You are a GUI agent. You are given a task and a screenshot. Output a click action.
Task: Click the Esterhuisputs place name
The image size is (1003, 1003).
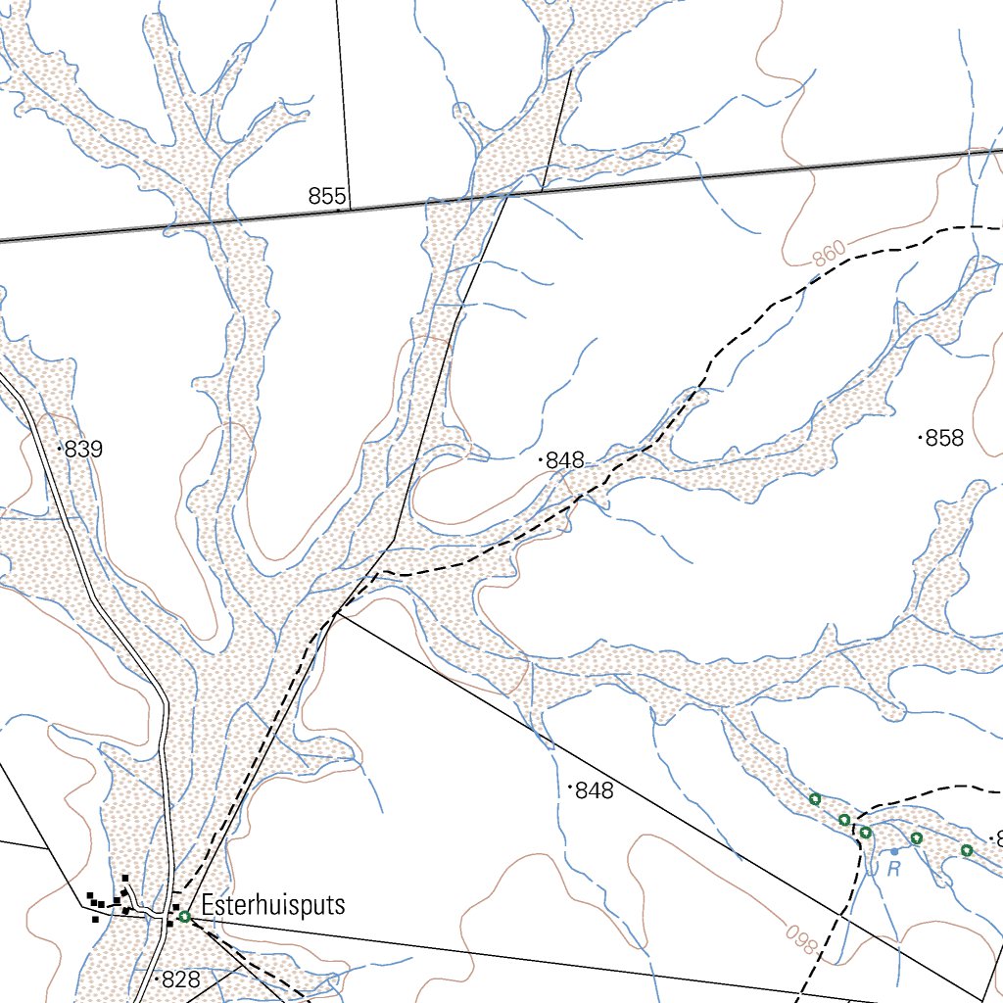[x=273, y=904]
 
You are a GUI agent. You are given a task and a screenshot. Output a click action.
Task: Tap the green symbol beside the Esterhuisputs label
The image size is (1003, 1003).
[x=184, y=917]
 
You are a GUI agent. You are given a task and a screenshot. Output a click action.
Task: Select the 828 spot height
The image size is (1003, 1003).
[x=179, y=979]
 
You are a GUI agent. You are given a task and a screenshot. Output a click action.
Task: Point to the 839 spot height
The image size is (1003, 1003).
[x=82, y=451]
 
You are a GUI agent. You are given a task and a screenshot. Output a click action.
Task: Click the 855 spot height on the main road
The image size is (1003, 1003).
[x=326, y=196]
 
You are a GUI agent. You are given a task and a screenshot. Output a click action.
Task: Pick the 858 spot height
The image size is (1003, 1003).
[x=943, y=439]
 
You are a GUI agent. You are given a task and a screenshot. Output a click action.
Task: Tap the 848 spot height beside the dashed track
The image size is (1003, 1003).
[x=564, y=460]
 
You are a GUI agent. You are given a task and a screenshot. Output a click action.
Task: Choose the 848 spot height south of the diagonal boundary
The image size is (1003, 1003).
[x=594, y=790]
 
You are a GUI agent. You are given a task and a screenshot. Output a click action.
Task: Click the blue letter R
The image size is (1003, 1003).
[x=893, y=869]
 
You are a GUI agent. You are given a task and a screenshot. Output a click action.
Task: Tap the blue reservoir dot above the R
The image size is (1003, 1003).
[x=894, y=852]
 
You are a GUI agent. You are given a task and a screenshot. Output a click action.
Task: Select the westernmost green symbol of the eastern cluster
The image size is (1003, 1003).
[x=814, y=799]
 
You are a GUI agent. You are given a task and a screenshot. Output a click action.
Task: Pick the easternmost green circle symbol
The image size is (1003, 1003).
[x=966, y=850]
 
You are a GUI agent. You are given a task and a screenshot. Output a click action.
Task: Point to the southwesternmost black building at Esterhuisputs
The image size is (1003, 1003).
[x=95, y=918]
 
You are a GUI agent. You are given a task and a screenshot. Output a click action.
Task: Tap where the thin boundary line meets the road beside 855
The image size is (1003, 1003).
[x=349, y=209]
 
